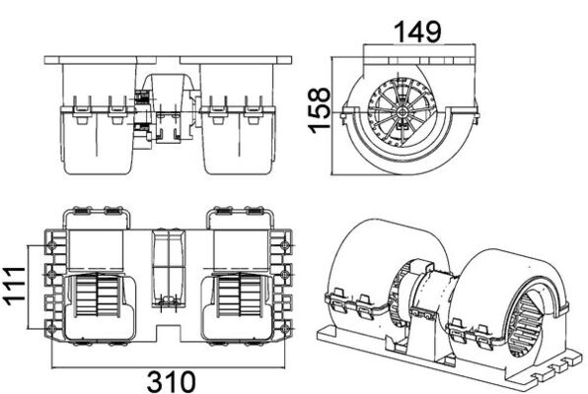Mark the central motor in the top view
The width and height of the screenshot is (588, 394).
coord(167,271)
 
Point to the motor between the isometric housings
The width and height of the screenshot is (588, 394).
coord(424,295)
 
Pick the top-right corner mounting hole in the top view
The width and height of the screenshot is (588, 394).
coord(285,245)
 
